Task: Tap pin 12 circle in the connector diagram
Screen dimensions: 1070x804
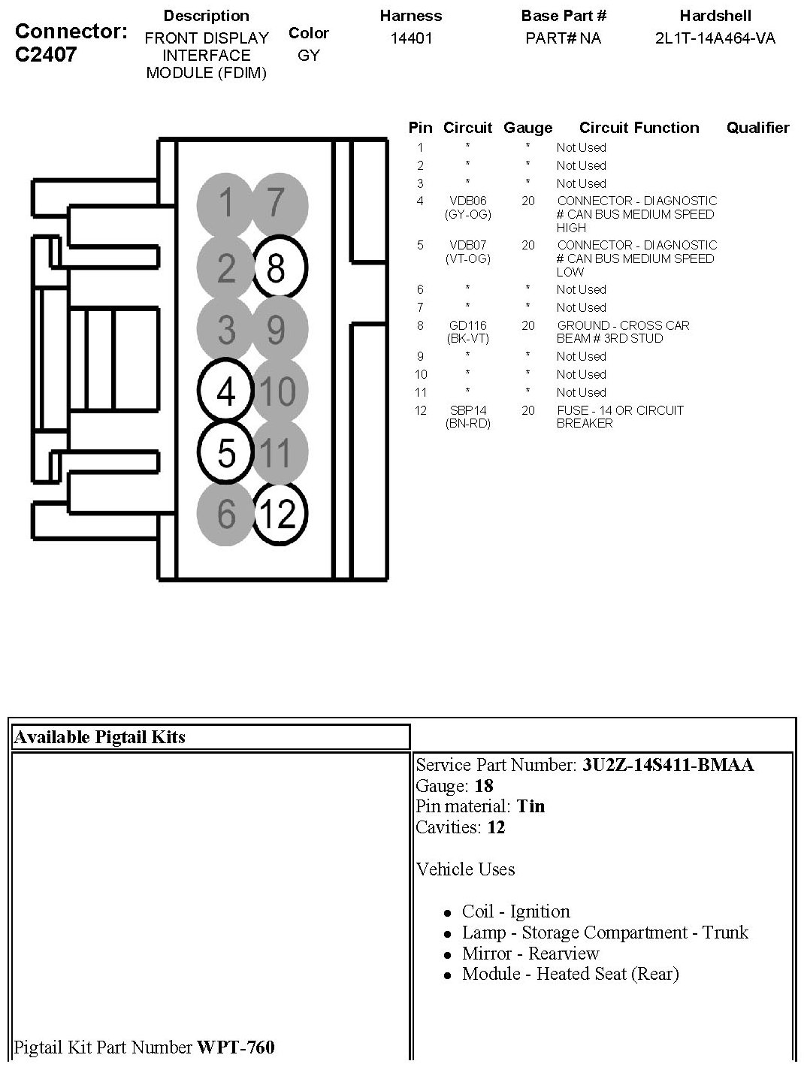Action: (x=278, y=514)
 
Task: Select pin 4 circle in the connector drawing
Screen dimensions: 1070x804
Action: (x=226, y=391)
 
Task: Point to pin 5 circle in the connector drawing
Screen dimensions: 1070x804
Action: (x=226, y=452)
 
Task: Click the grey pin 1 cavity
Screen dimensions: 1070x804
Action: (x=226, y=204)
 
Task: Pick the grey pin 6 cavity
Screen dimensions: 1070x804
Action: (x=226, y=515)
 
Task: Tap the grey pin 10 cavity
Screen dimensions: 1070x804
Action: (x=278, y=391)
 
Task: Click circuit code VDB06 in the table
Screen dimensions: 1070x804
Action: (x=467, y=201)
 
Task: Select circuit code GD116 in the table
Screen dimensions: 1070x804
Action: (x=467, y=325)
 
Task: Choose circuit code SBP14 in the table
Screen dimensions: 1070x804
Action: (x=467, y=410)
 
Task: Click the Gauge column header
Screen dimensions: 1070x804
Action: (x=527, y=128)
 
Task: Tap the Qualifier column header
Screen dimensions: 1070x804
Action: (x=757, y=128)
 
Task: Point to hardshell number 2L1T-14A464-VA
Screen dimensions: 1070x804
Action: (x=715, y=38)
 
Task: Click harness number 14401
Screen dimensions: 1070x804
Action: (x=411, y=38)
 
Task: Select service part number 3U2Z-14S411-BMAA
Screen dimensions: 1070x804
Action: (x=668, y=766)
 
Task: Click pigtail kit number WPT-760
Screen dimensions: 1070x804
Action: (x=235, y=1047)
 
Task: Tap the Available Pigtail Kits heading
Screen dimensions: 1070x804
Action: (x=99, y=737)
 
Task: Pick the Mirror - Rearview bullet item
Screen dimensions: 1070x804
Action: (x=530, y=954)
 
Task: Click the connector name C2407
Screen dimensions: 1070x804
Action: (x=46, y=55)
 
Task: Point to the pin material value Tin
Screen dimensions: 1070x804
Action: (x=531, y=807)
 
